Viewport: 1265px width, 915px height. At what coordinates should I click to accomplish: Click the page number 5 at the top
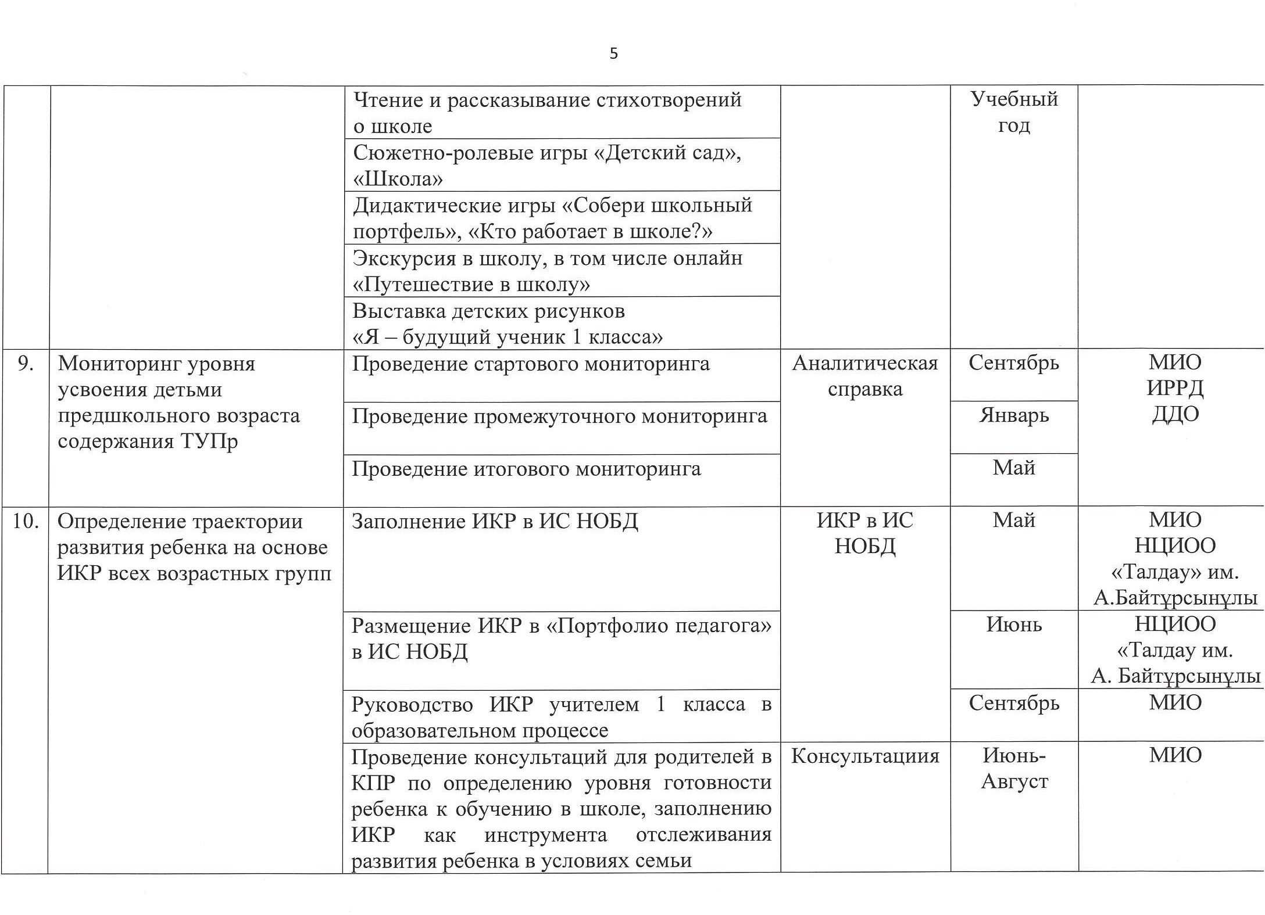click(614, 54)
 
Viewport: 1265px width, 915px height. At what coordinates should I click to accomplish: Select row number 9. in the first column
click(26, 363)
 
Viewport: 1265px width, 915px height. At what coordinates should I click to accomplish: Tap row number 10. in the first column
click(26, 521)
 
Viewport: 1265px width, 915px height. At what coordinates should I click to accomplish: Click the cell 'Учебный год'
click(1014, 112)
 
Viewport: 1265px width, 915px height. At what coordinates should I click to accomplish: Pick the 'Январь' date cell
click(1014, 415)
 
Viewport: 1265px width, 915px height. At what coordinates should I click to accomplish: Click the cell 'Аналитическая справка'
click(865, 376)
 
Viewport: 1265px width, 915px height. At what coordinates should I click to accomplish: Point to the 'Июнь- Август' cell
click(1014, 768)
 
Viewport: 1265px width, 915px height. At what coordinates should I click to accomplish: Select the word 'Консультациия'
click(865, 756)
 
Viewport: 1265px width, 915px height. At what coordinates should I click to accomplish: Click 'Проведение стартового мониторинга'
click(531, 364)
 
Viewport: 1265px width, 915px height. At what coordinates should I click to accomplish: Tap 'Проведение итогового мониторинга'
click(526, 469)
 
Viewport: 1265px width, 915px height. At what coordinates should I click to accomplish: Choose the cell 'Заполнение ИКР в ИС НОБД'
click(495, 521)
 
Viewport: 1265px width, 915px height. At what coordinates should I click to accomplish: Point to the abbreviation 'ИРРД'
click(1175, 387)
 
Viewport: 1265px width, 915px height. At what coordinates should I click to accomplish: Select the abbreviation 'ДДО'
click(1175, 414)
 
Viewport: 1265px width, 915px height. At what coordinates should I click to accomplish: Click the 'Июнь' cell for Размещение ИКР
click(1014, 625)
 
